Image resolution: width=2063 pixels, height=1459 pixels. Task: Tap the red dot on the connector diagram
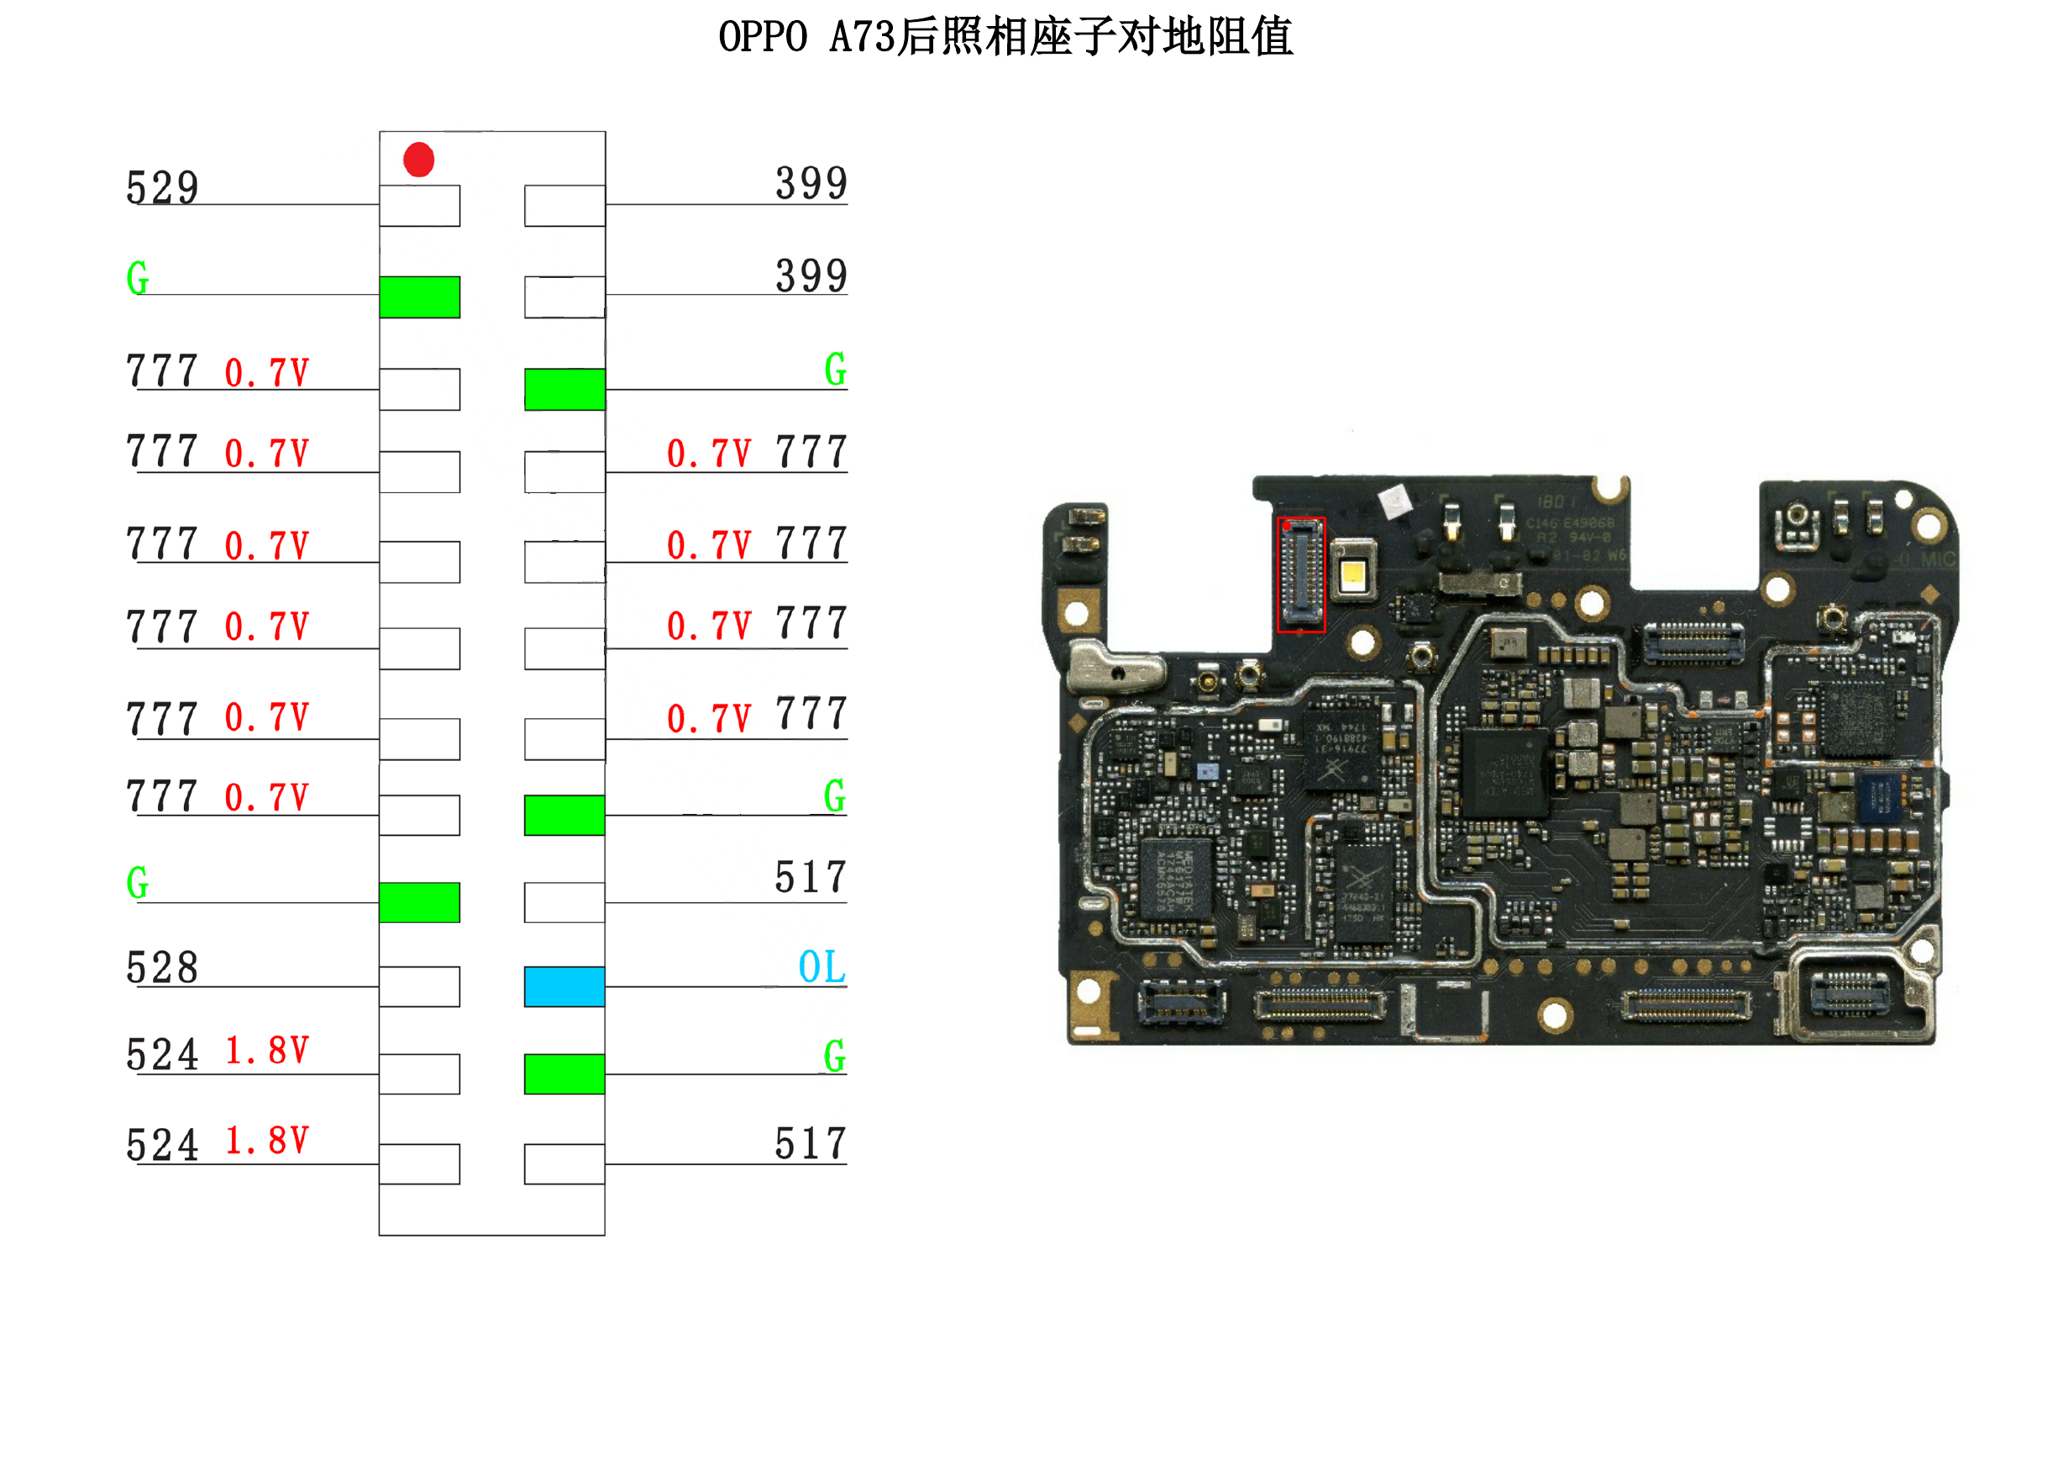(x=418, y=160)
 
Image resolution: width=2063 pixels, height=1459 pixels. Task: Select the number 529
(x=163, y=188)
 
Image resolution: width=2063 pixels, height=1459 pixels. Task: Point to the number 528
(x=163, y=968)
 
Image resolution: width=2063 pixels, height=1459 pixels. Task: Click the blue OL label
(x=822, y=967)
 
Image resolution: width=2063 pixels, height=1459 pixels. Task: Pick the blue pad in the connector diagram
(x=564, y=986)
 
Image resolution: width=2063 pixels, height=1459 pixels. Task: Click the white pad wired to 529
(x=420, y=206)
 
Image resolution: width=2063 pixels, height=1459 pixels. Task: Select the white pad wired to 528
(x=420, y=986)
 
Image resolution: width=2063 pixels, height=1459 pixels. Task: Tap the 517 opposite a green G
(x=811, y=877)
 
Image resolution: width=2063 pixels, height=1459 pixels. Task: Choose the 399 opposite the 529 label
(x=811, y=183)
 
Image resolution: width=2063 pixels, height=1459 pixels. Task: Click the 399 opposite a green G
(x=811, y=276)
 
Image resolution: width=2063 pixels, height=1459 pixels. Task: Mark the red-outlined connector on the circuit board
(x=1301, y=575)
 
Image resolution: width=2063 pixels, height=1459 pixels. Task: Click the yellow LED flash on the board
(x=1353, y=572)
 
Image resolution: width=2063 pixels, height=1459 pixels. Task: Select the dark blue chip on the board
(x=1880, y=796)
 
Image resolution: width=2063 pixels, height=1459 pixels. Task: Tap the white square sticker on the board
(x=1395, y=501)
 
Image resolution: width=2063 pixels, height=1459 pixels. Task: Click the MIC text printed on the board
(x=1937, y=559)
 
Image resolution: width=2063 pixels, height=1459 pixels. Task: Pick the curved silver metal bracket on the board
(x=1114, y=669)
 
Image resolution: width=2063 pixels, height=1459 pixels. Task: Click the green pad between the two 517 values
(x=564, y=1073)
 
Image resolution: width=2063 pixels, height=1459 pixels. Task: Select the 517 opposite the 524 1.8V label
(x=811, y=1144)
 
